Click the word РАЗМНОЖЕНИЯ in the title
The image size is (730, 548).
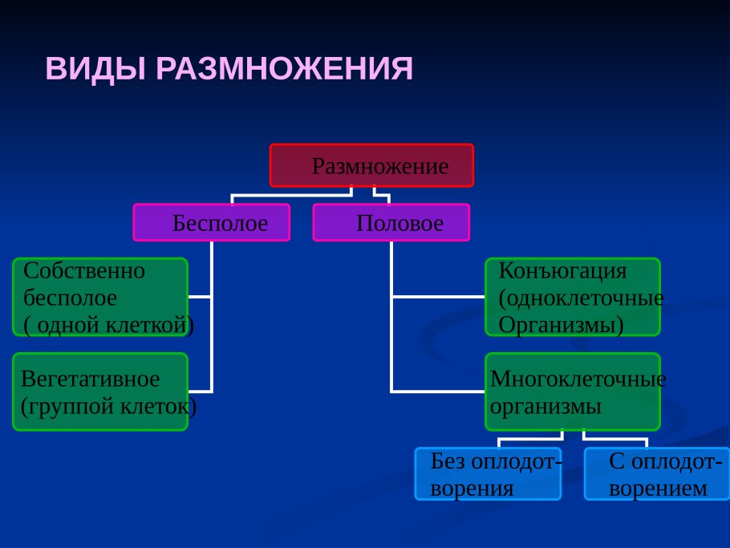coord(284,69)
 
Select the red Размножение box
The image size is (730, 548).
coord(371,165)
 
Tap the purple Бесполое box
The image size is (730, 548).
coord(212,222)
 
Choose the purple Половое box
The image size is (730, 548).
coord(391,222)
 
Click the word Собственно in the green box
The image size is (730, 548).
coord(84,270)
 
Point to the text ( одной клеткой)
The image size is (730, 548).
coord(108,325)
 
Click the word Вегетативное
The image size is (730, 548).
coord(91,378)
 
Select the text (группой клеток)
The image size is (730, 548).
coord(108,406)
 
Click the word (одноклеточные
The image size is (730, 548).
coord(581,298)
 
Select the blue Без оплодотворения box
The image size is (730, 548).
coord(488,473)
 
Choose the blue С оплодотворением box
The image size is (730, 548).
coord(657,473)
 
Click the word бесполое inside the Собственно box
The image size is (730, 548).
coord(71,298)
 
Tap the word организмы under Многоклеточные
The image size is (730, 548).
coord(545,406)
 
